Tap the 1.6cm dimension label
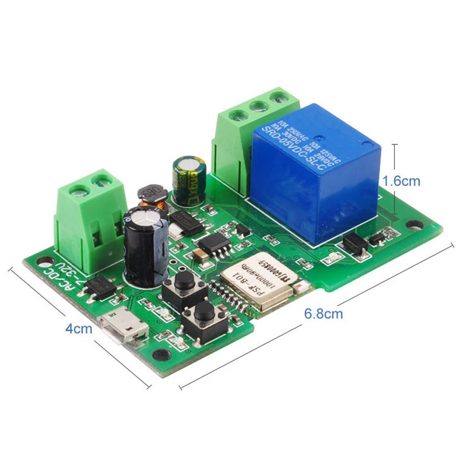pos(401,181)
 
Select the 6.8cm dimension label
pos(323,314)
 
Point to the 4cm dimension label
pos(78,328)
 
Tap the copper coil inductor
pos(152,196)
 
